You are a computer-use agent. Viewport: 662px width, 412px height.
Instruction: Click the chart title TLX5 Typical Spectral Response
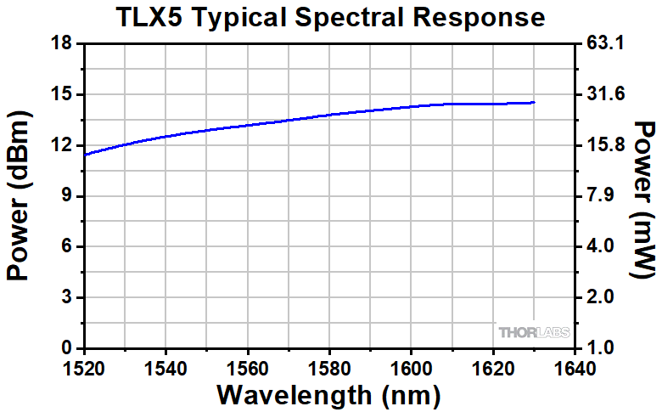click(x=331, y=17)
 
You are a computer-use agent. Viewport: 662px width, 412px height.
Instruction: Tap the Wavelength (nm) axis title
click(x=329, y=394)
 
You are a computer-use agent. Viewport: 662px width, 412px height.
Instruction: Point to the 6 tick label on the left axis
click(x=68, y=247)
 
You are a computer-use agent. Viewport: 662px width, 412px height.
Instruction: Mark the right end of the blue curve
click(x=535, y=102)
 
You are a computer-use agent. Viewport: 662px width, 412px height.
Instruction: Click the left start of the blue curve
click(x=86, y=155)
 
